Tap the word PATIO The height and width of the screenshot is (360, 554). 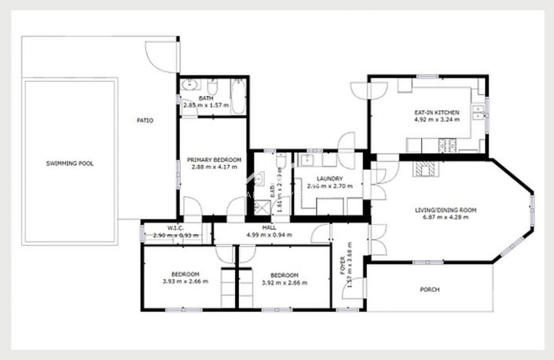click(x=145, y=120)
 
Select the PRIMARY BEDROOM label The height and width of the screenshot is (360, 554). click(x=214, y=160)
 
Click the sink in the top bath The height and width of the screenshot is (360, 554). click(x=189, y=85)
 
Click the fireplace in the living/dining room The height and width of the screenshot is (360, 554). click(x=428, y=168)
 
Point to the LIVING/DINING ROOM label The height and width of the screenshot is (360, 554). click(x=446, y=210)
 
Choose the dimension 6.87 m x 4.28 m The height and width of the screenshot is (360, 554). click(x=446, y=218)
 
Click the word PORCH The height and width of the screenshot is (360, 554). click(x=429, y=289)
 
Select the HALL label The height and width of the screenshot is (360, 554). click(x=270, y=227)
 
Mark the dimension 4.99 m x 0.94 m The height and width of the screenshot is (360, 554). click(x=270, y=235)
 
